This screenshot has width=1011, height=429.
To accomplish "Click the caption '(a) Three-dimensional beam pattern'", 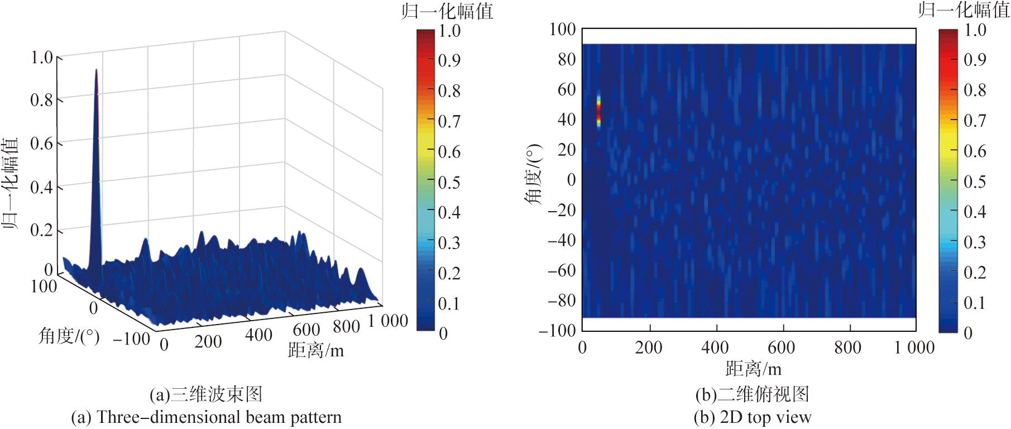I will pos(206,417).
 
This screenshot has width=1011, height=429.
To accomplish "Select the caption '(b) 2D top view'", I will pos(752,417).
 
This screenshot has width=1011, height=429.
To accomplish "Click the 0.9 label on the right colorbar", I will pos(975,59).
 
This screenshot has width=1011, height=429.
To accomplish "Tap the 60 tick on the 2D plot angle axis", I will pos(567,89).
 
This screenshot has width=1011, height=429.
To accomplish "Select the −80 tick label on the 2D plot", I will pos(562,301).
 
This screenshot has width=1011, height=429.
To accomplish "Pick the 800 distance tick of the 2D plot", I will pos(847,347).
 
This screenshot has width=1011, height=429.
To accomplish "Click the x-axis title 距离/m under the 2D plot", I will pos(753,369).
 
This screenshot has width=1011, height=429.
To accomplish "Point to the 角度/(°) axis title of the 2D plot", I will pos(533,174).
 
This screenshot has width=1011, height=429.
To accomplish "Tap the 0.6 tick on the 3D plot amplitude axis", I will pos(41,144).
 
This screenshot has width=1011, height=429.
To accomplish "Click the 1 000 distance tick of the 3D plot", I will pos(387,321).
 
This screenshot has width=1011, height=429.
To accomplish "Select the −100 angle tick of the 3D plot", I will pos(131,339).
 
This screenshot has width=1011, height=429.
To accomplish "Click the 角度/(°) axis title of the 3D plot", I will pos(69,336).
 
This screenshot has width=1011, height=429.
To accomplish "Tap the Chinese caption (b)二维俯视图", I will pos(752,394).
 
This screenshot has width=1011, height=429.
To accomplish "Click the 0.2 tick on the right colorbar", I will pos(975,273).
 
